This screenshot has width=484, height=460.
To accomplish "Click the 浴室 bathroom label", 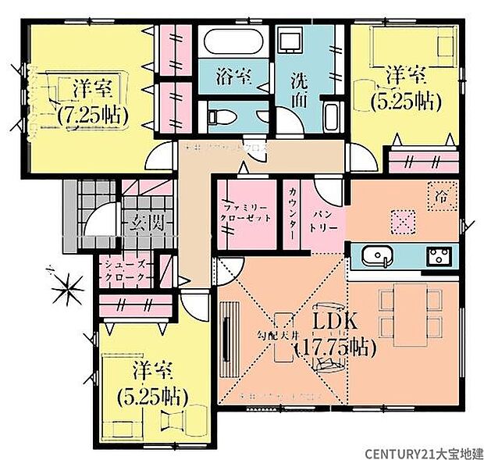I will (233, 77).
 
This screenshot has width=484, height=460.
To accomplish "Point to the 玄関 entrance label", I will (147, 223).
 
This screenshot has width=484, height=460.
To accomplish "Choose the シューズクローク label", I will (126, 270).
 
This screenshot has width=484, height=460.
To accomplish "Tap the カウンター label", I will (292, 214).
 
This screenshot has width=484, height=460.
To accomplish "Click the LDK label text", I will (335, 322).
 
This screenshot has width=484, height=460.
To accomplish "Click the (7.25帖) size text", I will (92, 114).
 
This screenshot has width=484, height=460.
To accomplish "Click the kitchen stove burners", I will (436, 255).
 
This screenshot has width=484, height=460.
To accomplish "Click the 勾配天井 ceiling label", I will (270, 335).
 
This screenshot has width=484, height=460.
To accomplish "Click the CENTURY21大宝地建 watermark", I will (422, 450).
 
